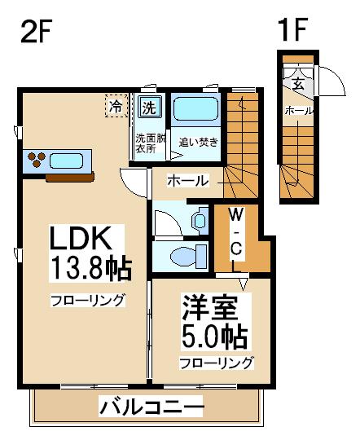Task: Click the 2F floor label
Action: point(36,31)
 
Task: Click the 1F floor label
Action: point(293,29)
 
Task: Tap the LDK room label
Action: point(80,238)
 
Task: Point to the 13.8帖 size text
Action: point(90,269)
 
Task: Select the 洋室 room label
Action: point(210,308)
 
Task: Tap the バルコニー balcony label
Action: point(151,407)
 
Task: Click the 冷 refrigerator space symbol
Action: point(116,106)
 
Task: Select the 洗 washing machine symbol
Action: point(149,108)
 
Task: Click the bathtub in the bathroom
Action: point(195,109)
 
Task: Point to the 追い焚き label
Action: point(199,143)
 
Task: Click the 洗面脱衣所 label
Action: point(151,143)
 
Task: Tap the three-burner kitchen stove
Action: point(36,159)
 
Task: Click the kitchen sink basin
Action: point(66,161)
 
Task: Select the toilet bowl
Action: point(183,257)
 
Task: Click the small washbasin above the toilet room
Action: point(200,221)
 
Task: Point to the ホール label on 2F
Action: point(187,181)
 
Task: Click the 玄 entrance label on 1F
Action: point(298,84)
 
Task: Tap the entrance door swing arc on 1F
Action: point(336,77)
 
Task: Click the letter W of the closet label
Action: point(236,215)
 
